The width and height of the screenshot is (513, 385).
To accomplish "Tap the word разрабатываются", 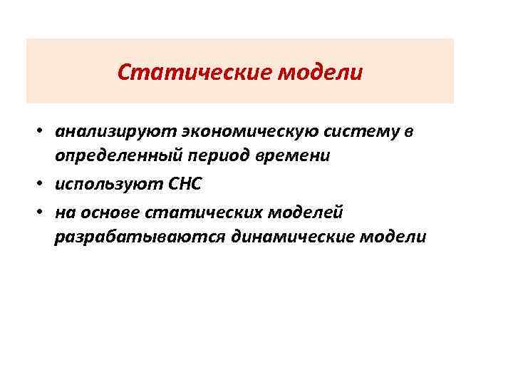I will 139,236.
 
